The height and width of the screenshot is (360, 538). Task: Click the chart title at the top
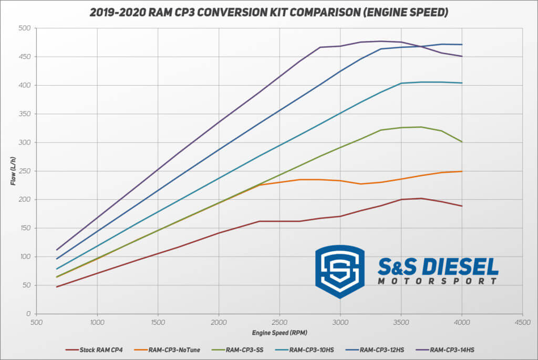tap(268, 12)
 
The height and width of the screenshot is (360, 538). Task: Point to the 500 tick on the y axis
tap(24, 28)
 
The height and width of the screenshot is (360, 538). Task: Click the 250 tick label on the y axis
tap(24, 171)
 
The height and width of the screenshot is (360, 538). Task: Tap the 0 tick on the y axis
tap(28, 314)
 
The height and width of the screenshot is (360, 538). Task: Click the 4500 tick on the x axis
tap(522, 322)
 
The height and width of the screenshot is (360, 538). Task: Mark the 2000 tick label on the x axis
tap(219, 322)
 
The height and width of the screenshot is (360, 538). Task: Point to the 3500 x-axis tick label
tap(401, 322)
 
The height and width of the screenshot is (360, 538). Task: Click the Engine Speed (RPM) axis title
tap(279, 333)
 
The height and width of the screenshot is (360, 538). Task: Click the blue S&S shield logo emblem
tap(339, 271)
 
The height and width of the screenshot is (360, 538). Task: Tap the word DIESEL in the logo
tap(458, 268)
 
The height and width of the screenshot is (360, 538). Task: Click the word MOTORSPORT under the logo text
tap(437, 281)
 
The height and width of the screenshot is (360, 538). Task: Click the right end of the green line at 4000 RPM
tap(462, 142)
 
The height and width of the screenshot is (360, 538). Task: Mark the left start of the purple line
tap(57, 250)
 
